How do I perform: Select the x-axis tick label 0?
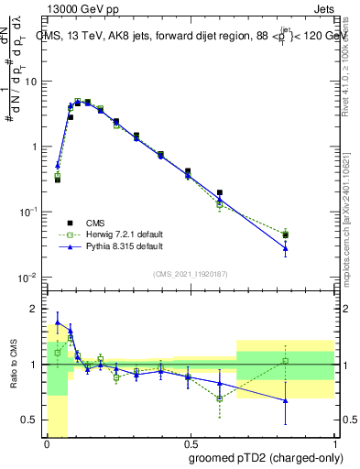(x=47, y=442)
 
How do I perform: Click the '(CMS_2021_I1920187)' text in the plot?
(x=190, y=273)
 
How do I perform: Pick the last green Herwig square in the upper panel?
(x=286, y=234)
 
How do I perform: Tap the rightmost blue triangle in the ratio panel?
(x=286, y=400)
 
